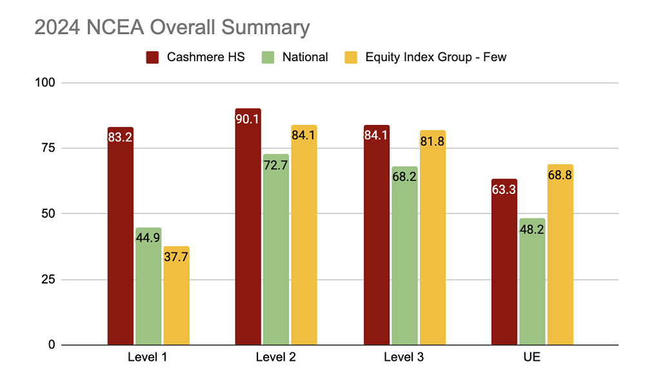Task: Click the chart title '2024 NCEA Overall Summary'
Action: (x=172, y=28)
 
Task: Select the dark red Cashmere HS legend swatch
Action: (x=152, y=57)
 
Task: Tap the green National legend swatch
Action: (x=268, y=57)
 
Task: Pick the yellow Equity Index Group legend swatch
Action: (x=351, y=57)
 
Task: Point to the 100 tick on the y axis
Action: (x=45, y=82)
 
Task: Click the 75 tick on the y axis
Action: (x=48, y=148)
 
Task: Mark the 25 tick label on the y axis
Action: (x=48, y=280)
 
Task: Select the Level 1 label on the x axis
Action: (x=147, y=357)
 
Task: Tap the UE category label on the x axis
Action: (x=532, y=357)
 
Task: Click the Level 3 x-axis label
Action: (x=404, y=357)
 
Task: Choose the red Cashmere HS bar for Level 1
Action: (x=121, y=236)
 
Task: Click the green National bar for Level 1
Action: (x=148, y=286)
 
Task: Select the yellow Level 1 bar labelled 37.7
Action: (x=177, y=296)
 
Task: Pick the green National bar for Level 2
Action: (x=276, y=249)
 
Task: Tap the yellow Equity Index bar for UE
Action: (x=561, y=255)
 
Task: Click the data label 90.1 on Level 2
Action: (x=247, y=119)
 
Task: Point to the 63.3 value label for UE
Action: (x=504, y=189)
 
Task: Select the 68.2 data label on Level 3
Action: (x=404, y=177)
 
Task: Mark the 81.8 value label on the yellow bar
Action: (x=432, y=141)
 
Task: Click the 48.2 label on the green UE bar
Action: (x=532, y=229)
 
